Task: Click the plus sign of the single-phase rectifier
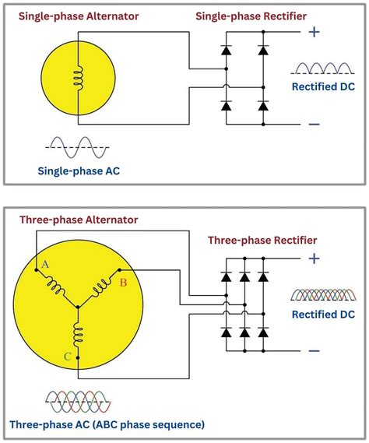[x=314, y=32]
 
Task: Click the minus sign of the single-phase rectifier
[x=314, y=124]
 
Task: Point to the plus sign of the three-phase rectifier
[x=314, y=258]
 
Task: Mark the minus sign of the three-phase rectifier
[x=314, y=350]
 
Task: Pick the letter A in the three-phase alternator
[x=45, y=265]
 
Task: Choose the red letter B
[x=122, y=283]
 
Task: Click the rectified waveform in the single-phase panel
[x=324, y=69]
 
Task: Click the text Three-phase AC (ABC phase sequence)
[x=107, y=425]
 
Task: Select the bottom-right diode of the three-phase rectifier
[x=265, y=332]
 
